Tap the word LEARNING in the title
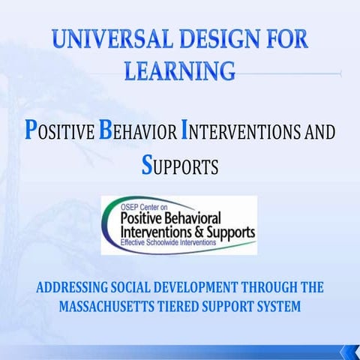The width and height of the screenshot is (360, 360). coord(178,70)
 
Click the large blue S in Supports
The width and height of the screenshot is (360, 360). coord(147,165)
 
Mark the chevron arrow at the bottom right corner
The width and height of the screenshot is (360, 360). coord(349,351)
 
